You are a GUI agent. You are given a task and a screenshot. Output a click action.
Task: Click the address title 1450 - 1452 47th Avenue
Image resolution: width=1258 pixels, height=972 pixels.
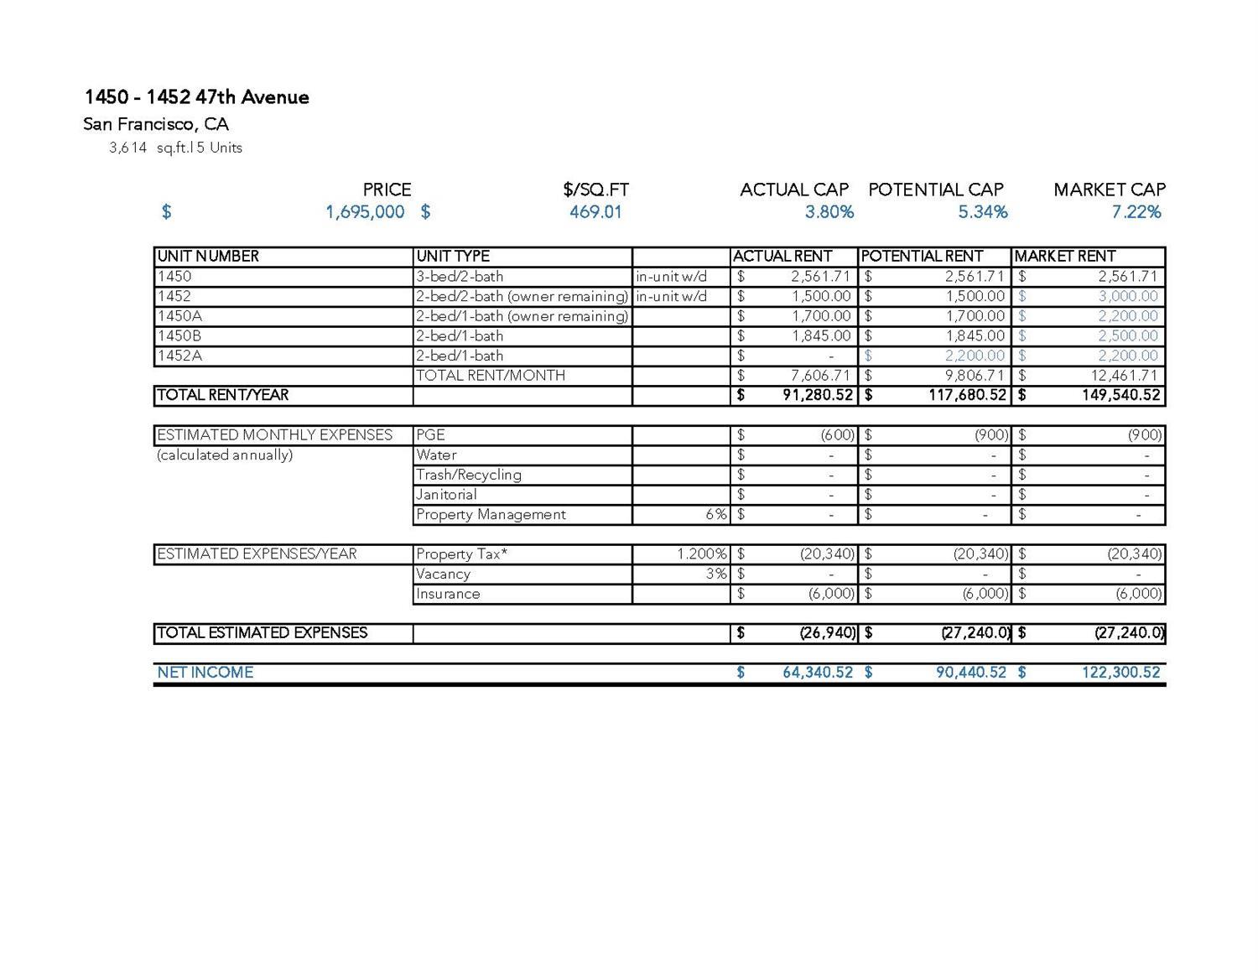coord(196,97)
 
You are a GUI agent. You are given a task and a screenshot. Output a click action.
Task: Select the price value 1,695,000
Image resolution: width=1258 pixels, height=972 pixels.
coord(365,212)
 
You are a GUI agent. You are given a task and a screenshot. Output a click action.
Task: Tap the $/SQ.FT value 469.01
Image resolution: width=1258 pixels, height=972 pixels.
coord(595,212)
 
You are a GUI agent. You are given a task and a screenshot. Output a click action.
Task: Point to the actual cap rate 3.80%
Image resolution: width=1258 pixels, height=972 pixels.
coord(829,212)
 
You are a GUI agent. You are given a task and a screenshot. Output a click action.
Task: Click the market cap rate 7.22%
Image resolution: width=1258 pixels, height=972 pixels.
coord(1136,212)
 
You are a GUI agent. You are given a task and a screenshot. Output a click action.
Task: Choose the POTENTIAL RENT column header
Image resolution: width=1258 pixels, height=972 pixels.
coord(922,257)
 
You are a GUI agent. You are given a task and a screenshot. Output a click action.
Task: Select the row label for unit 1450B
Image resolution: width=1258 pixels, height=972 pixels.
coord(179,336)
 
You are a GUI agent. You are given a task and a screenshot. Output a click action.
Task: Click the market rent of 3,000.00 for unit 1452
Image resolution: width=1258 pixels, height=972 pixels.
coord(1127,297)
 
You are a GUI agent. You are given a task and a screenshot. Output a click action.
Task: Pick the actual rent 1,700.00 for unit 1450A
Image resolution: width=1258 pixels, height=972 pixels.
coord(821,316)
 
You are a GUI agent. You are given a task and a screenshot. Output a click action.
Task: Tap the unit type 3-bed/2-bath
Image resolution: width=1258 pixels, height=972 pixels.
coord(460,277)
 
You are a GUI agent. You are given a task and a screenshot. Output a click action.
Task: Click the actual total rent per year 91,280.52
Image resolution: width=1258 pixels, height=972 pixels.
coord(817,396)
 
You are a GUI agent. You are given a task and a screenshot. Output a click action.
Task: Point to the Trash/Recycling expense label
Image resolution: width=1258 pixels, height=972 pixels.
coord(468,475)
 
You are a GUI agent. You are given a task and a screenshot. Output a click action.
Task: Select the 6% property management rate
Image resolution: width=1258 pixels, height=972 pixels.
coord(715,515)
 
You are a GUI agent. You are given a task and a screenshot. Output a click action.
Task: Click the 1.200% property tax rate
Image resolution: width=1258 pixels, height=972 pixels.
coord(702,554)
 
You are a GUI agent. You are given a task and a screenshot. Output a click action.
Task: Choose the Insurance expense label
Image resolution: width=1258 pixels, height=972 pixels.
coord(448,594)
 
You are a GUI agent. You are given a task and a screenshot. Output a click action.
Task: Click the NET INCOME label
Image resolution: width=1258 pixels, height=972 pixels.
coord(205,673)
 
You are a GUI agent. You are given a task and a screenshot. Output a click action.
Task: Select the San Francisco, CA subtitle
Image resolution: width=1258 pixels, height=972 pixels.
coord(156,125)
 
